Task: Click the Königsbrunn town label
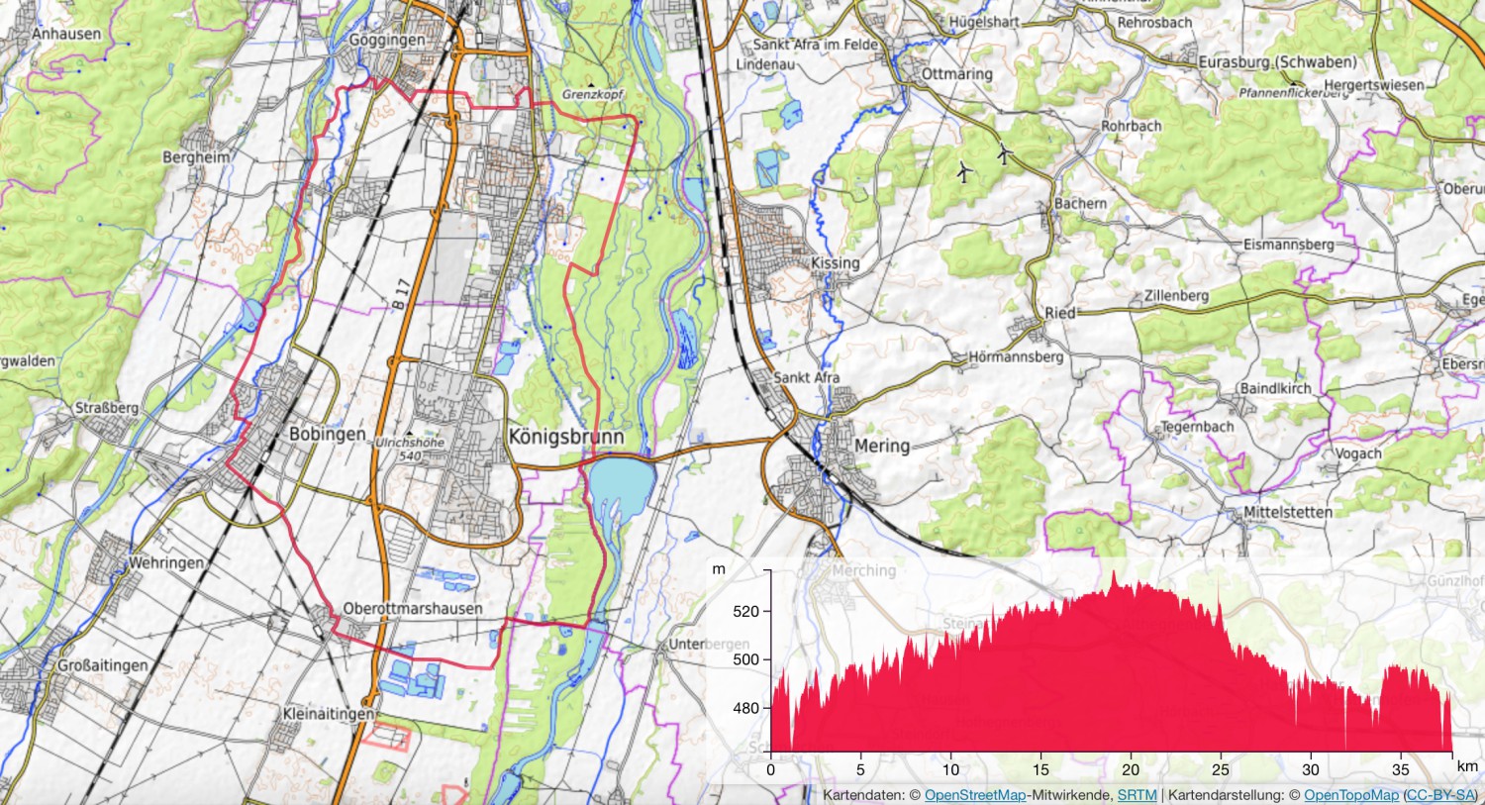click(565, 437)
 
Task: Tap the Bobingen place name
click(327, 435)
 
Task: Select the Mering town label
click(881, 446)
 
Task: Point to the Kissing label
click(835, 263)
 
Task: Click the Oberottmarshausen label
click(412, 609)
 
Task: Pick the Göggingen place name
click(387, 41)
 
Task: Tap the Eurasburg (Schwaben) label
click(1277, 62)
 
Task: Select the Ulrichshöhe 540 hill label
click(410, 450)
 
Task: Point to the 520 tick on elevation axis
click(746, 611)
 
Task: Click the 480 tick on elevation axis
click(746, 708)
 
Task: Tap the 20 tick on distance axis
click(1131, 769)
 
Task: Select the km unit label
click(1467, 766)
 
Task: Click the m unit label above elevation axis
click(719, 569)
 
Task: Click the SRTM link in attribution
click(1137, 795)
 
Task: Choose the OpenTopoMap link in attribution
click(1350, 795)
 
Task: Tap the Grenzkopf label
click(593, 94)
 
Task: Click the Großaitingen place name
click(102, 665)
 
